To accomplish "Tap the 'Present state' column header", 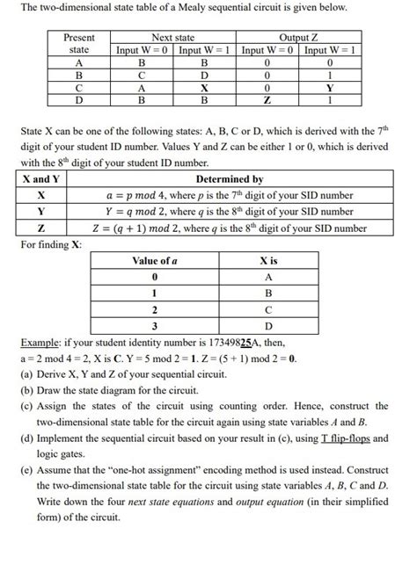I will (79, 44).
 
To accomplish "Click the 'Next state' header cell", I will (173, 38).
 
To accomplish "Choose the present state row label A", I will (79, 63).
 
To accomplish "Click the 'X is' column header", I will (268, 262).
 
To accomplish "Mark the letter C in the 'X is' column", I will (268, 309).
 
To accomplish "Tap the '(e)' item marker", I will (26, 468).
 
